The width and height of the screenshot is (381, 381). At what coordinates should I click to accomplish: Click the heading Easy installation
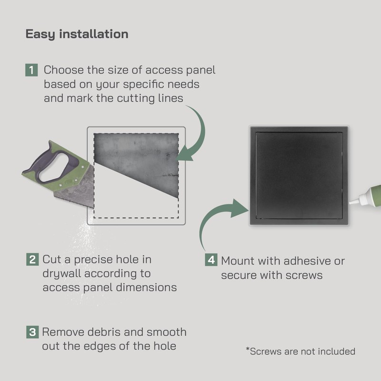(x=77, y=34)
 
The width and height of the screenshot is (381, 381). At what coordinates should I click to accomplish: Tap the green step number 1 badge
(x=31, y=70)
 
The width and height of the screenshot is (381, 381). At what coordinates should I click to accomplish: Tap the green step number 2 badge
(x=32, y=260)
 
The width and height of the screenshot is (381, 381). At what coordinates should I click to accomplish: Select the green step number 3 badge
(x=32, y=332)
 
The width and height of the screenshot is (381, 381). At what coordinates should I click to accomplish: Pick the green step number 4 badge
(x=211, y=261)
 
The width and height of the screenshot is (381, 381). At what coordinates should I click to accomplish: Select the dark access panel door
(x=299, y=175)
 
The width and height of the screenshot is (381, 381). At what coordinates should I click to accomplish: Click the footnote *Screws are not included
(x=301, y=351)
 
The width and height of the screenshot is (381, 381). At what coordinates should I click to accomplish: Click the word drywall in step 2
(x=61, y=274)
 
